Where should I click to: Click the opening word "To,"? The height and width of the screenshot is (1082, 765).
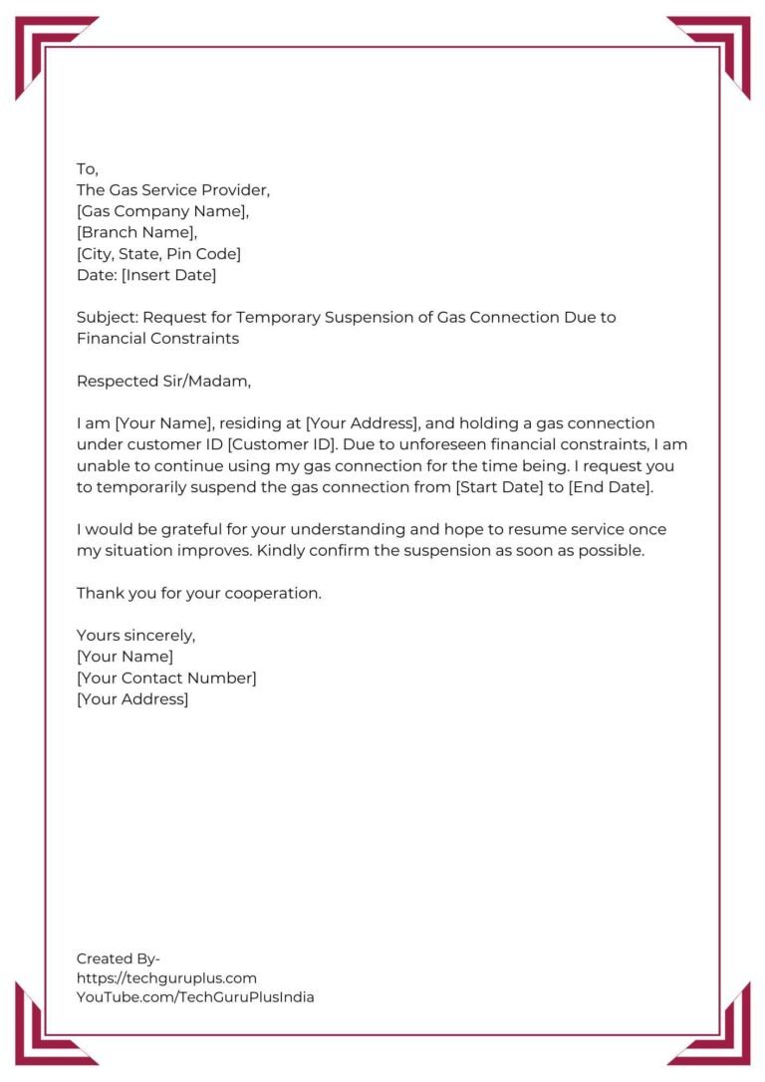[88, 169]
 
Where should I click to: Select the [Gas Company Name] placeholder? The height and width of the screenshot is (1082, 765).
[162, 211]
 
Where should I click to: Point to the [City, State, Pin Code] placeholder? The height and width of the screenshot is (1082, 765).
[158, 254]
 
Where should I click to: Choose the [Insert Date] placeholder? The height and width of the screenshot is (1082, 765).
[168, 275]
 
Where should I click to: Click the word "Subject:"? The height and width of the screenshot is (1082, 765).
[108, 318]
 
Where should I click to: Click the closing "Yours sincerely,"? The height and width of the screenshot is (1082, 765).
[136, 636]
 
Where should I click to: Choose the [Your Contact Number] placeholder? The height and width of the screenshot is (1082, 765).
[166, 678]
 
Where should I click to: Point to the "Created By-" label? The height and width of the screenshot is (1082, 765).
[119, 958]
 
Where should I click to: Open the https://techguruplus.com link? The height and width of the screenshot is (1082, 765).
[166, 978]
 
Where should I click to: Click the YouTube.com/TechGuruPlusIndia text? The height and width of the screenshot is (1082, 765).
[195, 997]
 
